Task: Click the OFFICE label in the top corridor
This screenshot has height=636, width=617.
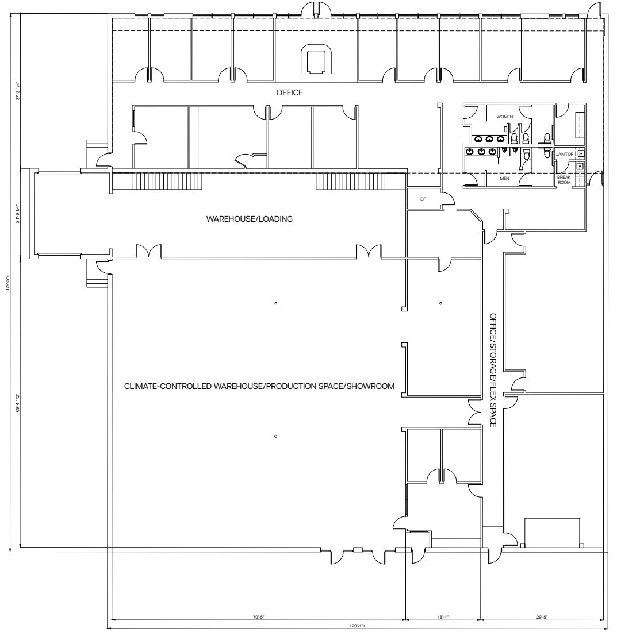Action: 289,92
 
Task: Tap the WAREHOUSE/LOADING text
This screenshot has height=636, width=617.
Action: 250,218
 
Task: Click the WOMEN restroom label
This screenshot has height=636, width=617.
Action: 504,117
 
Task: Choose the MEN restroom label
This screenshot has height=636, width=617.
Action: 504,178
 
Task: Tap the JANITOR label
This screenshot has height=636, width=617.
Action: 565,154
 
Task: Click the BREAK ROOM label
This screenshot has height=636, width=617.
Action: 564,180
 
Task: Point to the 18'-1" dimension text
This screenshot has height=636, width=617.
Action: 443,618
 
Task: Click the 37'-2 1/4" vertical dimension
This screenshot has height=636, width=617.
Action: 18,91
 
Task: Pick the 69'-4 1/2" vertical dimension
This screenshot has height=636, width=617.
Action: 18,402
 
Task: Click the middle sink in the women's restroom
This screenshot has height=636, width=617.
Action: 489,138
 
